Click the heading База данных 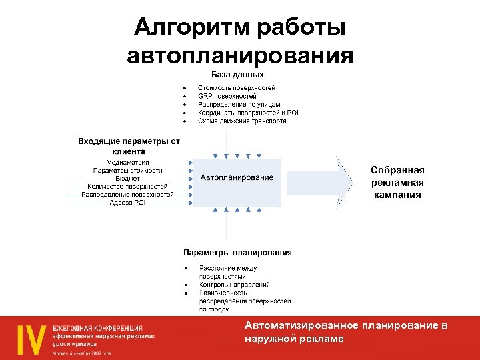(x=238, y=75)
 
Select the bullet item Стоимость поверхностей (x=236, y=88)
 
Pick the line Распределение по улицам (x=239, y=105)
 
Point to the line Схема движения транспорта (x=242, y=121)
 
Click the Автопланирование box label (x=237, y=177)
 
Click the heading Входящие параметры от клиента (x=129, y=146)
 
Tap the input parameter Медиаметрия (x=128, y=163)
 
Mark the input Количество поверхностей (x=128, y=187)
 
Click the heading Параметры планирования (x=237, y=253)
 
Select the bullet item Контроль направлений (x=234, y=285)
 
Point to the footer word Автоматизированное (x=301, y=325)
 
